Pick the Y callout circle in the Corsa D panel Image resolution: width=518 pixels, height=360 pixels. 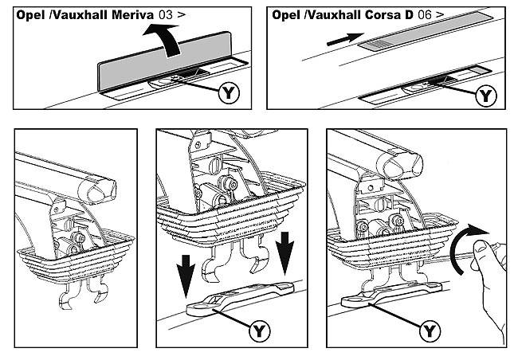[x=486, y=96]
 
